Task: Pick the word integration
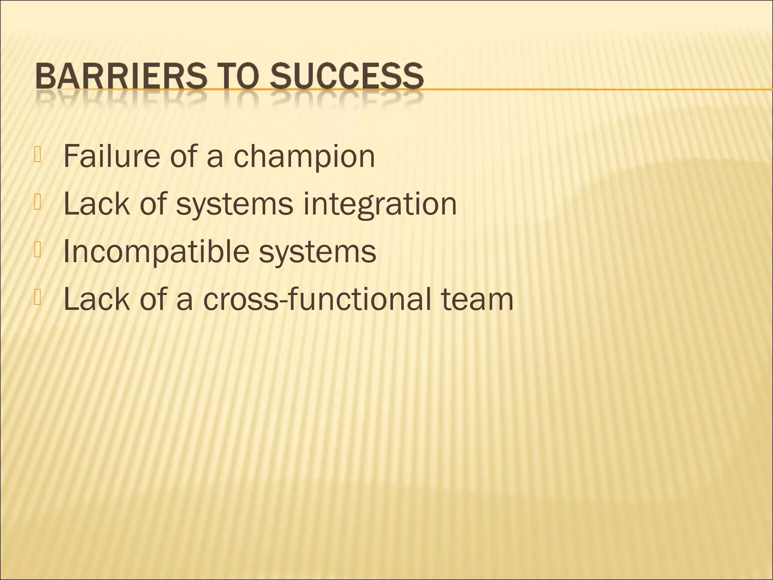click(x=380, y=204)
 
